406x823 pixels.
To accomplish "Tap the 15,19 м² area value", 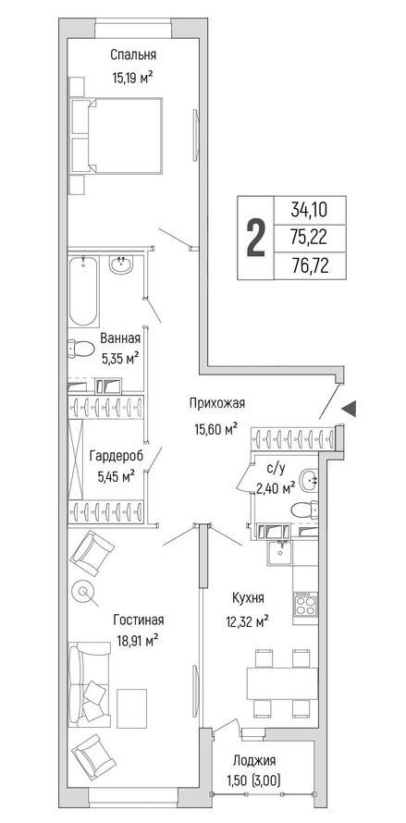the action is click(132, 79).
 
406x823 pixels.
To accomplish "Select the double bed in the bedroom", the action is click(125, 135).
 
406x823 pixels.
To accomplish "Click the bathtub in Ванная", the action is click(83, 291).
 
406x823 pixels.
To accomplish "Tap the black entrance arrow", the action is click(349, 409).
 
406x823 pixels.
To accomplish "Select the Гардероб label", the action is click(117, 455).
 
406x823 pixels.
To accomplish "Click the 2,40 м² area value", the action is click(276, 489).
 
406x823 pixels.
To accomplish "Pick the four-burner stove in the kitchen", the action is click(305, 604).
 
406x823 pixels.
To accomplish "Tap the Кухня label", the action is click(248, 597).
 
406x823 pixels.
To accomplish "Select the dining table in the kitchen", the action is click(283, 682).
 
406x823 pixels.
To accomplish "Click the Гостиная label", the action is click(139, 620).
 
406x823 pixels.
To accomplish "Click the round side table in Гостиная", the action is click(84, 592).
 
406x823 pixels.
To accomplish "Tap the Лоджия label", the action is click(254, 760).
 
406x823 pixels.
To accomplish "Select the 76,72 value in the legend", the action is click(310, 267).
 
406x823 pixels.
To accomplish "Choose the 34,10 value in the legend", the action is click(310, 211).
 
